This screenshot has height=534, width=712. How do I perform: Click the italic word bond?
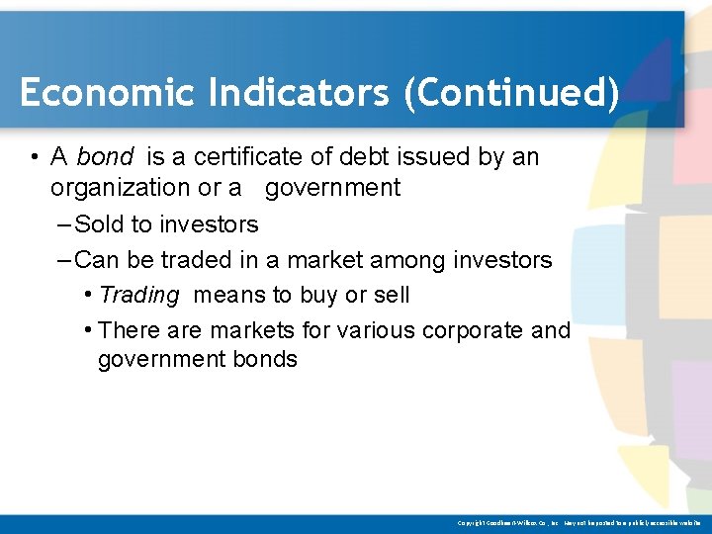point(105,157)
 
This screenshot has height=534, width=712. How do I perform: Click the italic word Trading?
point(139,295)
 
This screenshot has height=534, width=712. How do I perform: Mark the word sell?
point(391,295)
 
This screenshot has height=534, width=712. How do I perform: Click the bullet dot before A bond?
point(34,157)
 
